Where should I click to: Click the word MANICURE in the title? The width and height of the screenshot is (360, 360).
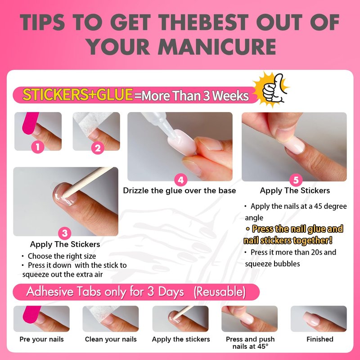pos(217,47)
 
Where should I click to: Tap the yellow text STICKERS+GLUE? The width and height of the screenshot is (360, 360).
pos(78,94)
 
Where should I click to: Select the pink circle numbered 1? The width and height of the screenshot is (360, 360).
pos(38,147)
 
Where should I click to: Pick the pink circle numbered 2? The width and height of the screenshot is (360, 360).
pos(98,148)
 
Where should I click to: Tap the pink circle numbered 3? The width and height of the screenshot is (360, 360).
pos(65,233)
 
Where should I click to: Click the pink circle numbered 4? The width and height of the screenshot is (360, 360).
pos(181,180)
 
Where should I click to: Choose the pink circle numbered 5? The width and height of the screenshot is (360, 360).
pos(296,180)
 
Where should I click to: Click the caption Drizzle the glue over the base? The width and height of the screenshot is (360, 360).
pos(180,190)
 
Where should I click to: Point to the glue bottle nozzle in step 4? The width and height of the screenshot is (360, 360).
pos(171,130)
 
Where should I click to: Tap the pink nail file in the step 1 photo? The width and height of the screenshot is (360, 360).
pos(30,123)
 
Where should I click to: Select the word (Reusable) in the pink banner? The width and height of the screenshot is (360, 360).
pos(220,292)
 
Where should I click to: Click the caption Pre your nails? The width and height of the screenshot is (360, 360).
pos(41,339)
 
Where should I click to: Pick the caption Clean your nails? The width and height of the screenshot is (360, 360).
pos(111,339)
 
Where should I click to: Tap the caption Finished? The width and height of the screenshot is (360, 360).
pos(320,339)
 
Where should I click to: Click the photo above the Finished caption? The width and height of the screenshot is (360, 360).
pos(319,319)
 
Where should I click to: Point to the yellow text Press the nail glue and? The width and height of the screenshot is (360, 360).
pos(295,229)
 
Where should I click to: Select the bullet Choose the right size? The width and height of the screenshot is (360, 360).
pos(59,256)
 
